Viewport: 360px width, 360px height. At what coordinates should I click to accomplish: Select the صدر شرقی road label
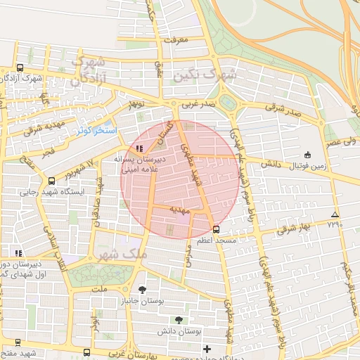pos(283,110)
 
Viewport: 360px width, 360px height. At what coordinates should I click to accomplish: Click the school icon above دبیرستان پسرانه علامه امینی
pos(140,149)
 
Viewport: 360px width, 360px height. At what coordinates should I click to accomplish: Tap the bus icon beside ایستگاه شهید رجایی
pos(51,181)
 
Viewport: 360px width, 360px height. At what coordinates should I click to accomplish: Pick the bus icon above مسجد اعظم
pos(215,229)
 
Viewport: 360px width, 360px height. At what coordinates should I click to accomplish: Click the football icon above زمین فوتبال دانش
pos(307,155)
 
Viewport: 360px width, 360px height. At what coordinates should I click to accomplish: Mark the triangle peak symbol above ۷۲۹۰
pos(334,214)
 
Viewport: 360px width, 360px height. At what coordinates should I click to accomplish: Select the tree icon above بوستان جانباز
pos(143,290)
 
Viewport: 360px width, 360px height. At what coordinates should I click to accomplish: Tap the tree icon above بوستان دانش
pos(179,320)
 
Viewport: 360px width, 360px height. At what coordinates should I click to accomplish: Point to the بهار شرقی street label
pos(293,229)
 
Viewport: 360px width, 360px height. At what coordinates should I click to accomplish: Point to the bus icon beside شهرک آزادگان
pos(19,68)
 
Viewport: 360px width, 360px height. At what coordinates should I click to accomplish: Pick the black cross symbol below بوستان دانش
pos(207,349)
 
